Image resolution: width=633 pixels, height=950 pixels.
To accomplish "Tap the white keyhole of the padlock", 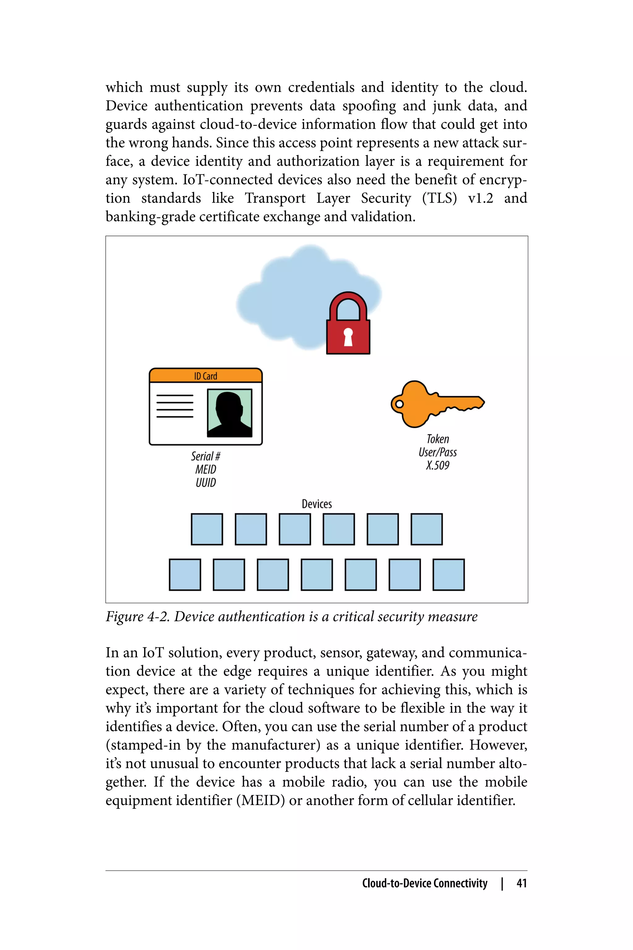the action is [348, 336].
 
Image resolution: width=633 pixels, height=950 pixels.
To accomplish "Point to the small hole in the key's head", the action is [399, 404].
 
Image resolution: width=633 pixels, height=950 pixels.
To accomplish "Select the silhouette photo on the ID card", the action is [229, 413].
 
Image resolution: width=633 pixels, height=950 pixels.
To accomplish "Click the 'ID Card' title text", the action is [206, 376].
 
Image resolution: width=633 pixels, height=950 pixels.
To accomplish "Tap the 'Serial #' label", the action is [206, 456].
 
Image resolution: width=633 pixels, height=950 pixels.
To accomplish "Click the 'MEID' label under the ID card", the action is [206, 469].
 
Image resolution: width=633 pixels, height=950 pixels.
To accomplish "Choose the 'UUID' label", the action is [206, 483].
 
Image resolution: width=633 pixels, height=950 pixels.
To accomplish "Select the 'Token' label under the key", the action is [438, 439].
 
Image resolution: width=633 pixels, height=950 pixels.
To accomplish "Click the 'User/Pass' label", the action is [438, 452].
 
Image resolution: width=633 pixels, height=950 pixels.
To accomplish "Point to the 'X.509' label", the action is [438, 465].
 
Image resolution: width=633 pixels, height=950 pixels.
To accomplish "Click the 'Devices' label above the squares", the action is [317, 504].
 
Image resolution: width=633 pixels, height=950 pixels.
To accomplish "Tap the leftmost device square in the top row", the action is [207, 529].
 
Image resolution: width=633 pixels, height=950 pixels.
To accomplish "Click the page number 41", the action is [522, 883].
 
